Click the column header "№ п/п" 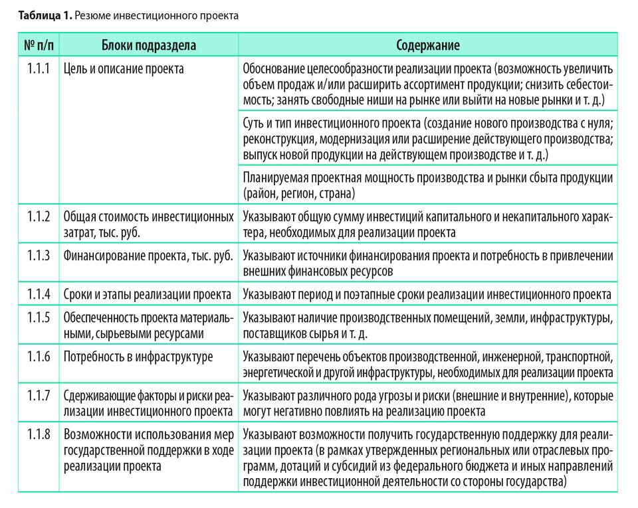(38, 45)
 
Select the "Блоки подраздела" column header (148, 45)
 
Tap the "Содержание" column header (428, 45)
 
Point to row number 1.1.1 (39, 68)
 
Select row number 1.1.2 (39, 217)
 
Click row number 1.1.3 (39, 256)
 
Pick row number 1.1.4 (39, 294)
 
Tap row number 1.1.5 (39, 317)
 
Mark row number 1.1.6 (39, 357)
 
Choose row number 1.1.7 (39, 396)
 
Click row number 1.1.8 (39, 436)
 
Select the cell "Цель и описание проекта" (124, 68)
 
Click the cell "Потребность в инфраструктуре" (138, 357)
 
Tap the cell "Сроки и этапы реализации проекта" (147, 294)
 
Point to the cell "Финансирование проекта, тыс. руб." (148, 256)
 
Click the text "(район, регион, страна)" (299, 194)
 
